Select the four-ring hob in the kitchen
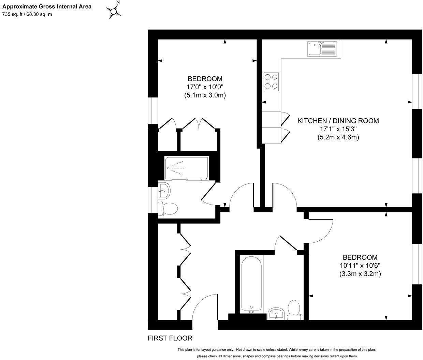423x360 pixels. pyautogui.click(x=271, y=81)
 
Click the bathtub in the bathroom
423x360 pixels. pyautogui.click(x=252, y=283)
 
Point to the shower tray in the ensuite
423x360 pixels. pyautogui.click(x=186, y=168)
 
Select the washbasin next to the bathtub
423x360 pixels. pyautogui.click(x=276, y=313)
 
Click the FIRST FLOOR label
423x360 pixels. pyautogui.click(x=170, y=338)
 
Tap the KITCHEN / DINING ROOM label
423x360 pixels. pyautogui.click(x=338, y=121)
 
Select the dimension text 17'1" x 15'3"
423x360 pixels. pyautogui.click(x=338, y=129)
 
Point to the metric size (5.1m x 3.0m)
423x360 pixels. pyautogui.click(x=205, y=95)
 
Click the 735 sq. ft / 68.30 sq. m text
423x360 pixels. pyautogui.click(x=27, y=14)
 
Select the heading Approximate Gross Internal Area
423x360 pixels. pyautogui.click(x=47, y=6)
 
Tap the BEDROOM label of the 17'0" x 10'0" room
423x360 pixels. pyautogui.click(x=205, y=79)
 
